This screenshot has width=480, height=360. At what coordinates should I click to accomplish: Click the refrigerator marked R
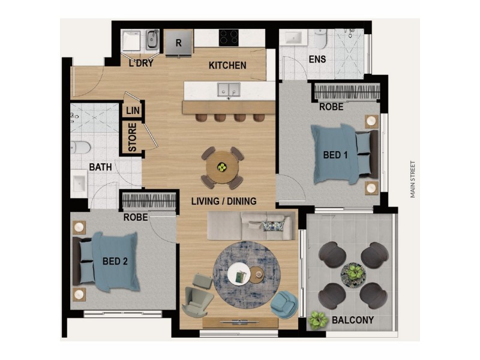point(178,43)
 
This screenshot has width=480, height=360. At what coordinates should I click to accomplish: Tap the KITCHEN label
point(227,65)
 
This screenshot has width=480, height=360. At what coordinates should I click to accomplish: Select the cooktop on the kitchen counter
point(229,37)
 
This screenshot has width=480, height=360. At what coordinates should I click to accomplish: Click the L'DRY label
point(140,63)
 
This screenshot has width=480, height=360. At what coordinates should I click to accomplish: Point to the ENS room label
point(317,59)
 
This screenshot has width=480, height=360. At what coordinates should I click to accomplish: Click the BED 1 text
point(336,155)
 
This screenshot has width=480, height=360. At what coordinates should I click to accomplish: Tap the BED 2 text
point(114,261)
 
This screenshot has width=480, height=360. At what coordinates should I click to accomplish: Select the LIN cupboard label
point(133,111)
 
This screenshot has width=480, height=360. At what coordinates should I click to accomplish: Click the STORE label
point(133,138)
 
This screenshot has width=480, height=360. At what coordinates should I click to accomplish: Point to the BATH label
point(100,167)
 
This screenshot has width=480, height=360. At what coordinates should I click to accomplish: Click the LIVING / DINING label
point(224,201)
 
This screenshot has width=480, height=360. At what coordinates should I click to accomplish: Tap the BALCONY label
point(353,320)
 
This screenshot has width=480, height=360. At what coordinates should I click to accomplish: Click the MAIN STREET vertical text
point(413,179)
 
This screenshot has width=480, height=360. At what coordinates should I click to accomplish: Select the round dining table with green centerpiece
point(221,166)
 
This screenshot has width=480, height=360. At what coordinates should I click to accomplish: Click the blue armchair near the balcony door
point(284,304)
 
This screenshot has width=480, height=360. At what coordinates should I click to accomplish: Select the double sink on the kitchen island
point(229,90)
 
